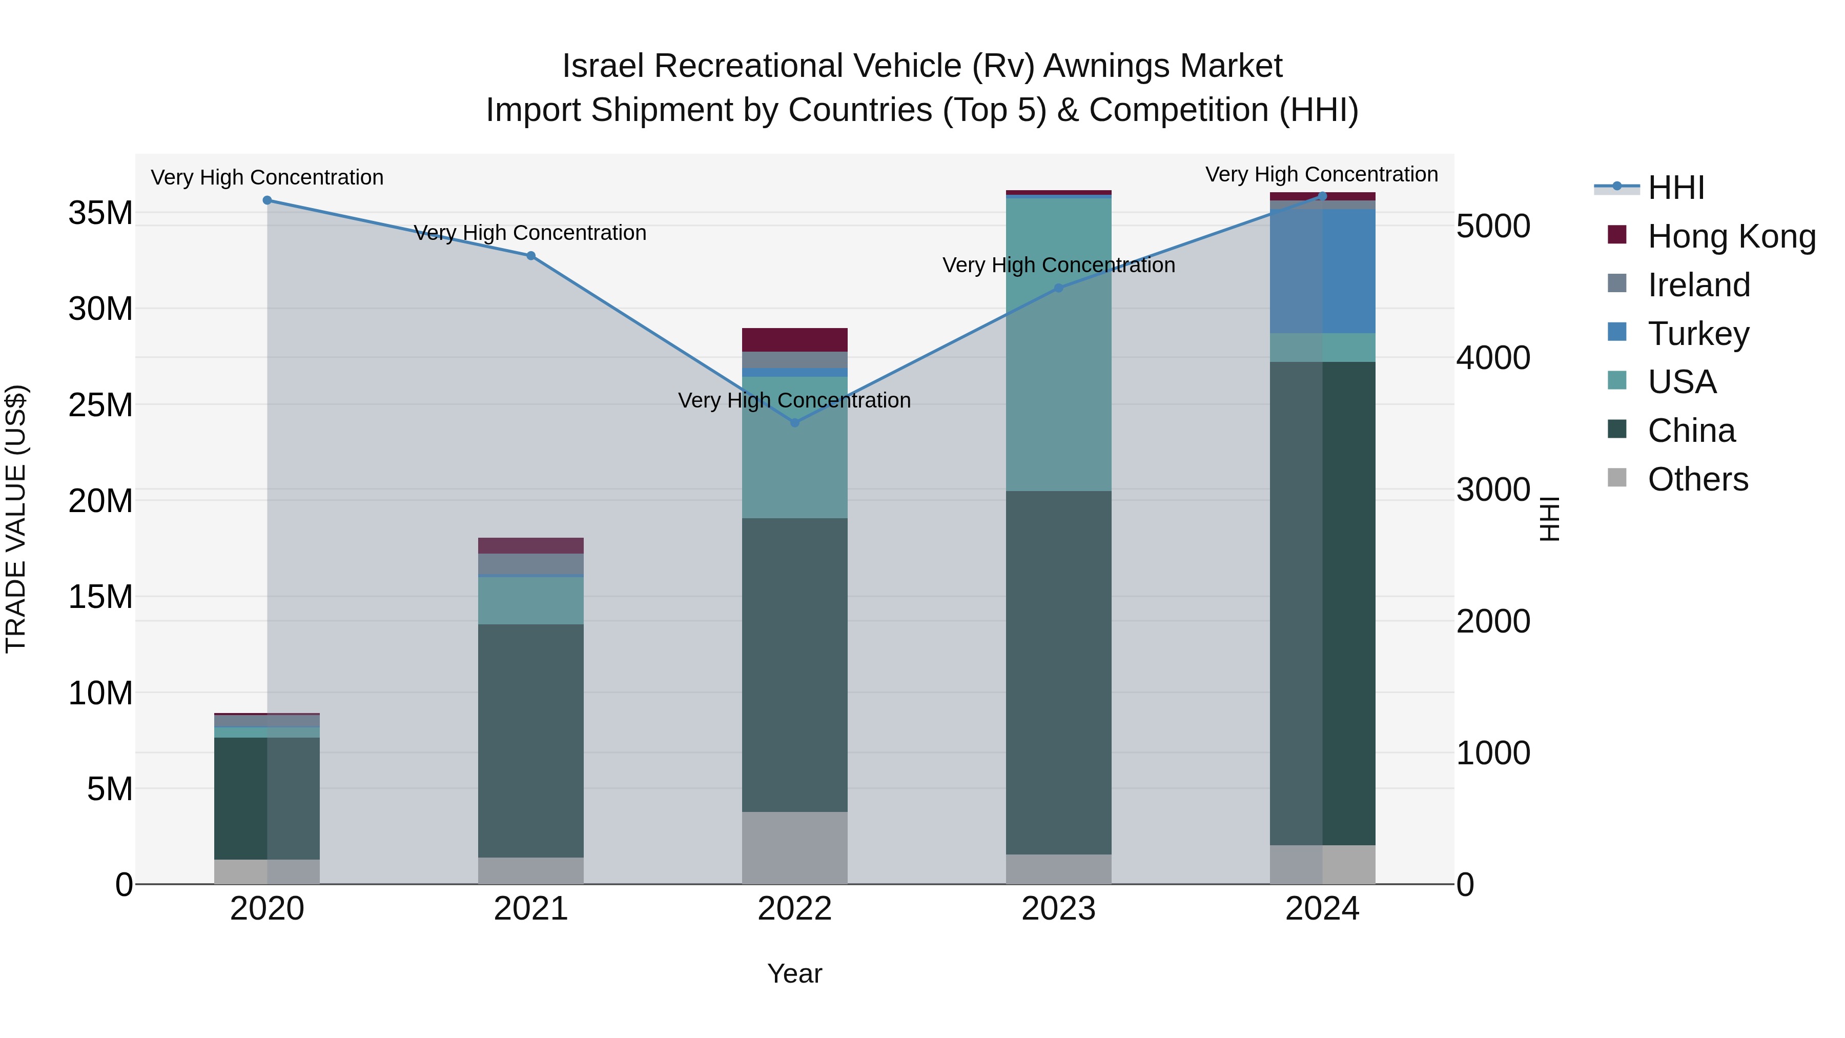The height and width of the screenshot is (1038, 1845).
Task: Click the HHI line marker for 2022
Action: [794, 423]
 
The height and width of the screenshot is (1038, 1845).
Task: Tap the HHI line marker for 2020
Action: [267, 200]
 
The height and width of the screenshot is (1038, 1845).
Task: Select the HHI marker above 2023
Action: [1059, 288]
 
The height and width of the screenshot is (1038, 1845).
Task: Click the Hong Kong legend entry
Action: [1731, 236]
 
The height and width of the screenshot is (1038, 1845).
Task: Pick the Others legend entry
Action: [1697, 479]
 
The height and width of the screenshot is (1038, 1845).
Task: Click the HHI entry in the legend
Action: [1675, 188]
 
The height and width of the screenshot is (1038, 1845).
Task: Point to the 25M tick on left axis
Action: [100, 405]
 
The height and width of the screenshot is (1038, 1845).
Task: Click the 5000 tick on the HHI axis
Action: [1493, 227]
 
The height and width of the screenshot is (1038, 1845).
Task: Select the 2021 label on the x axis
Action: [531, 909]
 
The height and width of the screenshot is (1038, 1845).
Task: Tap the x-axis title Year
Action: [794, 973]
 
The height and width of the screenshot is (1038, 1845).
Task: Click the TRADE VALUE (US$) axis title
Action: [16, 519]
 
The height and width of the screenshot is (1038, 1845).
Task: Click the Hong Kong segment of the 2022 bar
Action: [794, 339]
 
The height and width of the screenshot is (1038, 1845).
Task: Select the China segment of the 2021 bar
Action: [531, 740]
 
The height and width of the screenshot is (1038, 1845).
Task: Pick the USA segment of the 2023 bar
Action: [1059, 344]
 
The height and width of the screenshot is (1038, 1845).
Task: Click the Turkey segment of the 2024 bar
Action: [1322, 271]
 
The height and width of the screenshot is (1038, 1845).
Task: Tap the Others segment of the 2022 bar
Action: [794, 847]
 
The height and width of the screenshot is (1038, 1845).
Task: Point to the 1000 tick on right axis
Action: [1493, 754]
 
